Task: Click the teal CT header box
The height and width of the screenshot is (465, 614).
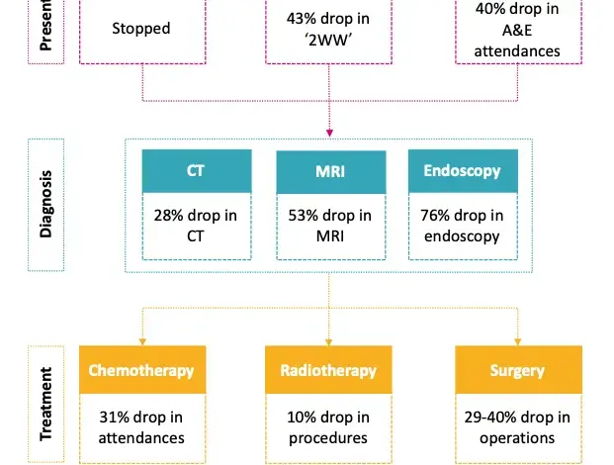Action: [196, 171]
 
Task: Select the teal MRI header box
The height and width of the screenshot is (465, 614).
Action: [329, 171]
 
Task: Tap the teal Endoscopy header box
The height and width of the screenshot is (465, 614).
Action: [463, 171]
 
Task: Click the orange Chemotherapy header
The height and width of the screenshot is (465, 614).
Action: [142, 371]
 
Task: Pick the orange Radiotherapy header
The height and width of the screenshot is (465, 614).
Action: [329, 371]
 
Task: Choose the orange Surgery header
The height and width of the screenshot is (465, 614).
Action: [516, 371]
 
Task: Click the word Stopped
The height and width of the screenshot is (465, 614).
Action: [142, 29]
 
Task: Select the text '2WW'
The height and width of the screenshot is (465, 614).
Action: [329, 41]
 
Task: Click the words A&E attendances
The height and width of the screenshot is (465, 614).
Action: [516, 42]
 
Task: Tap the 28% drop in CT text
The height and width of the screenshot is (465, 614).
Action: [196, 226]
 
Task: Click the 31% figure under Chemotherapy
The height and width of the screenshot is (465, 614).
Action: [114, 417]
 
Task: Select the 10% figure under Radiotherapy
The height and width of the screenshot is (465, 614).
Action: [301, 417]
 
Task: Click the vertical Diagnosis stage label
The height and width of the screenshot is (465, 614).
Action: [45, 206]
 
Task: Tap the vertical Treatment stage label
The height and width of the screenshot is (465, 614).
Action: [45, 407]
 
